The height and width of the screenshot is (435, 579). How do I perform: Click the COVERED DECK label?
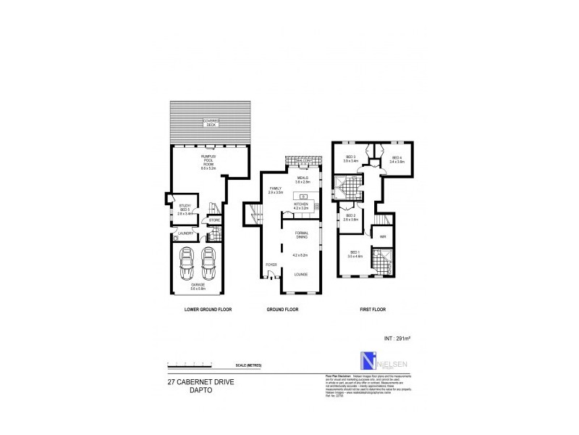pos(211,123)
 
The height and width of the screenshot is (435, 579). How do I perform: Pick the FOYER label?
pos(271,265)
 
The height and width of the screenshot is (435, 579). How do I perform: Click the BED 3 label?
pos(350,159)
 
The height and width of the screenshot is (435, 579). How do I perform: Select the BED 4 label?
pos(396,159)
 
